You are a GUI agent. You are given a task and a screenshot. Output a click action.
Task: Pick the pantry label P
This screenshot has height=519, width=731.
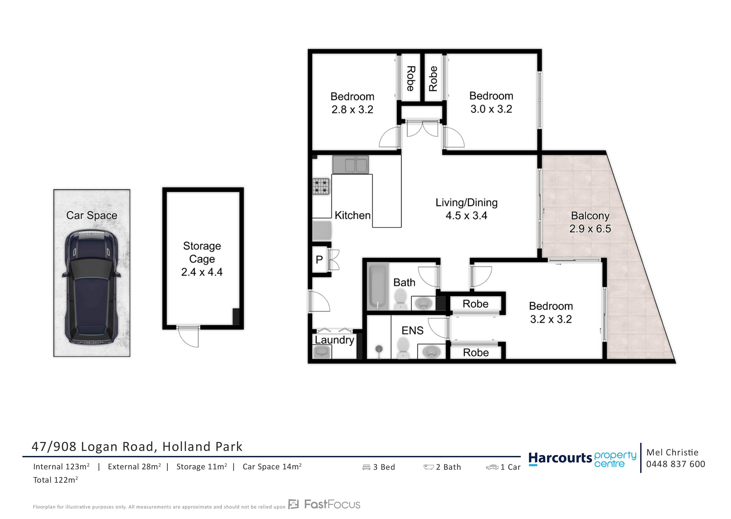click(319, 260)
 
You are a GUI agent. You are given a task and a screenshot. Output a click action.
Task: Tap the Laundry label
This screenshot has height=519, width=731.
click(334, 340)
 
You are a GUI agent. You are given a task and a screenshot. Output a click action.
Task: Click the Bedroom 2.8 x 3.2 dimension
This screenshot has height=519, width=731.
click(352, 110)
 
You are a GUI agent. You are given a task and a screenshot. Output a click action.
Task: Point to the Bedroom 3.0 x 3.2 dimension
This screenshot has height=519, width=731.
click(491, 109)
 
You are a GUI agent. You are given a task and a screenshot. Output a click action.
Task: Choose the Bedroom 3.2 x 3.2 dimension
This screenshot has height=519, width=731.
click(551, 319)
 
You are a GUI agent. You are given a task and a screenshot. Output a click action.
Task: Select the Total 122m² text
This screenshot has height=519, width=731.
click(56, 480)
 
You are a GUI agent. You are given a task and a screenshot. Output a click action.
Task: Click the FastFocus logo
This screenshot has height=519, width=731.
click(324, 504)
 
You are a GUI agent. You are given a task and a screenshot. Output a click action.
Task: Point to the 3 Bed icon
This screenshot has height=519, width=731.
click(366, 467)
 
